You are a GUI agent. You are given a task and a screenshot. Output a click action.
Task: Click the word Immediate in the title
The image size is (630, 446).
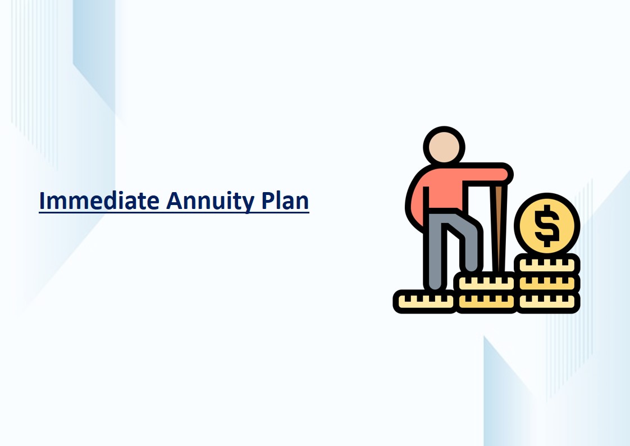click(99, 201)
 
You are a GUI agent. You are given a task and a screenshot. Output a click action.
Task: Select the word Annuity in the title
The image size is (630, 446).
click(210, 202)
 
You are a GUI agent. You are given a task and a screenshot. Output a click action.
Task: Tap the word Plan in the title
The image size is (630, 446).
click(285, 200)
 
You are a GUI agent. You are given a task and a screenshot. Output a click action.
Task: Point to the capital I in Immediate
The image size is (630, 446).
click(42, 201)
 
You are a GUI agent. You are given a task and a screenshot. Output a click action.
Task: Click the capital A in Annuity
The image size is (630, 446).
click(175, 201)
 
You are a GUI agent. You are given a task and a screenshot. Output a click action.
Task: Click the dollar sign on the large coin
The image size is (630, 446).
click(547, 225)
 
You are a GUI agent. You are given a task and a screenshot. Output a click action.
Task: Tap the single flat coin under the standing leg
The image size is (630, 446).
click(425, 301)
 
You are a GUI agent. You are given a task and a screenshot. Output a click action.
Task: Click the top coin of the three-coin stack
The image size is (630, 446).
click(547, 265)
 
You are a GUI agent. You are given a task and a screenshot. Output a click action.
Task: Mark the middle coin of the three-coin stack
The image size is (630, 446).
click(547, 283)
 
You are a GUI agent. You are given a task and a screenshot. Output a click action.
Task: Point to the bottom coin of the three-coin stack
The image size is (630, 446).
click(547, 302)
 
